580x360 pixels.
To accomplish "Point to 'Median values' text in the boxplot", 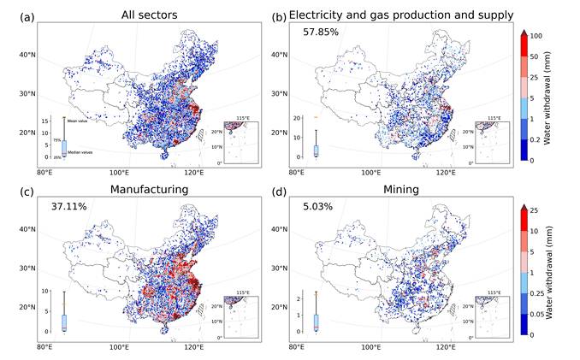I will [82, 150].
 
